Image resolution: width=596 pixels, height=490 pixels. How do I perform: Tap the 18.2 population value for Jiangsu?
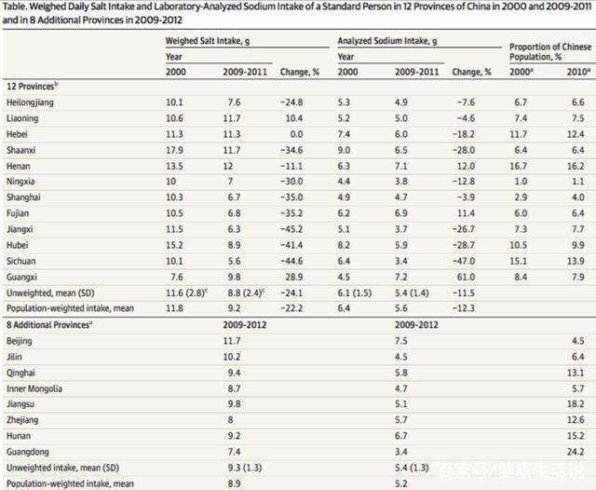coord(575,403)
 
